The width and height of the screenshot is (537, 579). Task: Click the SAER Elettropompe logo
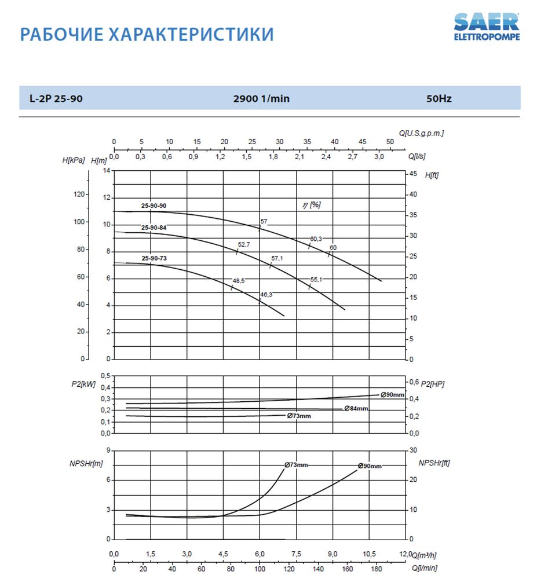(486, 26)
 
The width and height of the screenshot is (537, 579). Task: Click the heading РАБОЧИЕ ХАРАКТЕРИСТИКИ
(147, 34)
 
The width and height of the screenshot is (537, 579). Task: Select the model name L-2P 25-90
(56, 98)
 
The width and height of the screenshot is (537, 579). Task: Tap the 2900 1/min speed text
(261, 98)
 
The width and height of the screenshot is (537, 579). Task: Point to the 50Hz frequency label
(439, 98)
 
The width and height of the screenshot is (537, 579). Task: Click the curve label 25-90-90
(154, 206)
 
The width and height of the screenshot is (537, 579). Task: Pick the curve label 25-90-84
(154, 228)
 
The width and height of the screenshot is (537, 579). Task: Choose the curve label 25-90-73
(154, 258)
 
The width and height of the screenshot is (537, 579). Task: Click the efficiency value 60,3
(316, 239)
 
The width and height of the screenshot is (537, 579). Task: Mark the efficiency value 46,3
(266, 295)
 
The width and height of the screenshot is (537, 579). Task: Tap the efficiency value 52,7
(244, 245)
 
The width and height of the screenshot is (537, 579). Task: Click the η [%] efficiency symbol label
(311, 205)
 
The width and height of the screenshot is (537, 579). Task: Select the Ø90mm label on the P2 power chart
(392, 394)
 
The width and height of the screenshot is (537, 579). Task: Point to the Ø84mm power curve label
(356, 408)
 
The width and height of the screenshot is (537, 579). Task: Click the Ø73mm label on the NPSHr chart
(296, 465)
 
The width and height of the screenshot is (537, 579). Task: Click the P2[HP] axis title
(432, 384)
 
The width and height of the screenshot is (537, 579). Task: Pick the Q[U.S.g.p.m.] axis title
(421, 133)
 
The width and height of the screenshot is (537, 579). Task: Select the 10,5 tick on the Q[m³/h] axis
(370, 554)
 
